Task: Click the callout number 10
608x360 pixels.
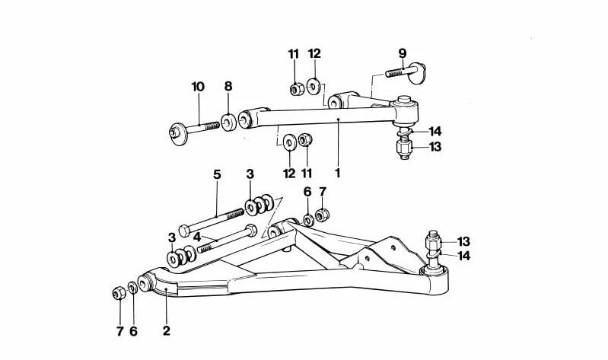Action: [x=198, y=87]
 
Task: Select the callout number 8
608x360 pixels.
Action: [x=228, y=86]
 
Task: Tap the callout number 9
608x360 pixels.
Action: [x=403, y=53]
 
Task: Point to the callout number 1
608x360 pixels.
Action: [x=337, y=173]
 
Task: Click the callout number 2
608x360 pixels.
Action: [x=167, y=330]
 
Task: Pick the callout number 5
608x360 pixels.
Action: [x=217, y=174]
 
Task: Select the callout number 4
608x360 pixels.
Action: [x=197, y=237]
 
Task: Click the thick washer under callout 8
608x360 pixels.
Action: [x=229, y=123]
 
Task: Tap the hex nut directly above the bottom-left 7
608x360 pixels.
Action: [x=119, y=293]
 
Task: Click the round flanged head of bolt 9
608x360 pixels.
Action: [x=418, y=73]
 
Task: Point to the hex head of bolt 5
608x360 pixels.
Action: [x=184, y=231]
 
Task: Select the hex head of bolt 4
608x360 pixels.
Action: [x=251, y=230]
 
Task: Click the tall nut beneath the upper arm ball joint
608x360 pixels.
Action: [x=404, y=147]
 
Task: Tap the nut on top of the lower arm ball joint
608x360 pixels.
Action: [x=434, y=244]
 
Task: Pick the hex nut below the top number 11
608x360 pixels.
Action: [x=297, y=90]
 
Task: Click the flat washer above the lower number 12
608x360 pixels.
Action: [x=290, y=142]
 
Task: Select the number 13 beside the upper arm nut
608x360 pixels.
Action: [x=435, y=147]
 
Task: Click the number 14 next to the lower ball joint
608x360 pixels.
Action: [x=463, y=256]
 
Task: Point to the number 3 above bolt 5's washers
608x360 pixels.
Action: [x=250, y=174]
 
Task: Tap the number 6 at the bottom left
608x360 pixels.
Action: [x=133, y=331]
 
